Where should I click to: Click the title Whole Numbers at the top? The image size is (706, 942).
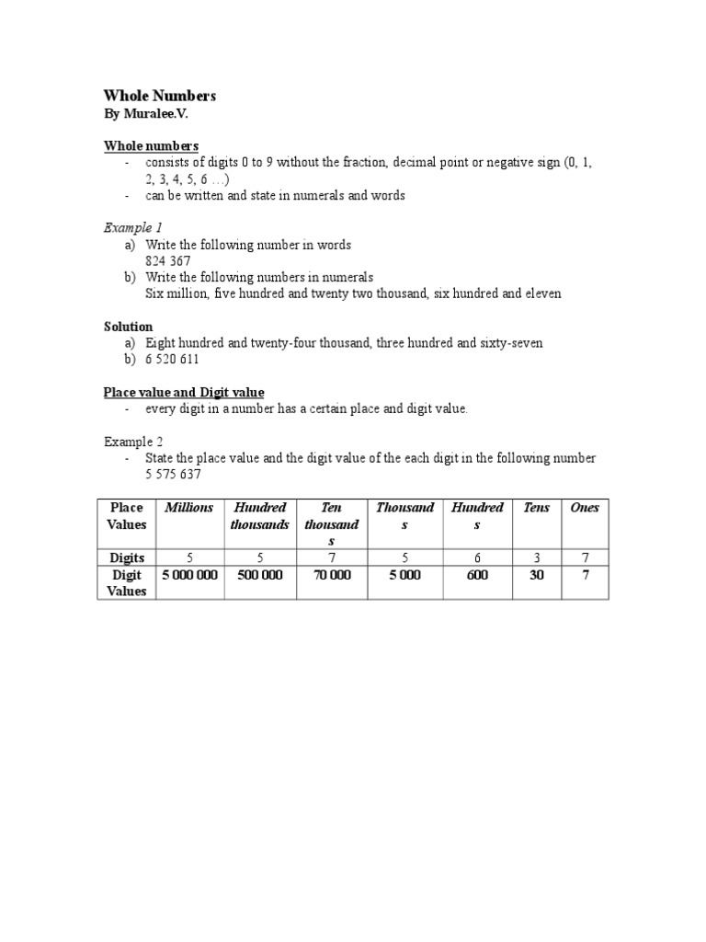pos(159,97)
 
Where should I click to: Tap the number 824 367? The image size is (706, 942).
pos(168,261)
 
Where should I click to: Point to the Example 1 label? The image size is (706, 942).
pos(133,227)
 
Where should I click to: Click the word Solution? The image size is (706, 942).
pos(128,327)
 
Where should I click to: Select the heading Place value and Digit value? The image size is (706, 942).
pos(184,392)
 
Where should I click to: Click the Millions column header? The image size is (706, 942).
pos(188,508)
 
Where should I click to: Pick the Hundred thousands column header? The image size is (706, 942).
pos(260,516)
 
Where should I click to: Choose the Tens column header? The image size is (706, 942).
pos(536,508)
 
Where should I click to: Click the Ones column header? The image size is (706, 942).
pos(585,508)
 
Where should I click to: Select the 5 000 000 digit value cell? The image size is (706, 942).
pos(189,575)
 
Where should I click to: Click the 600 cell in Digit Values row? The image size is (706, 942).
pos(477,575)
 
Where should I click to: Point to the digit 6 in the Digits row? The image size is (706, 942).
pos(477,557)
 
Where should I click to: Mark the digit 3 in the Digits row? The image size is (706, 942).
pos(536,557)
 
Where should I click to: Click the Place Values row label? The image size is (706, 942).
pos(127,516)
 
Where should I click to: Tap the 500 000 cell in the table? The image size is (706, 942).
pos(260,575)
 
